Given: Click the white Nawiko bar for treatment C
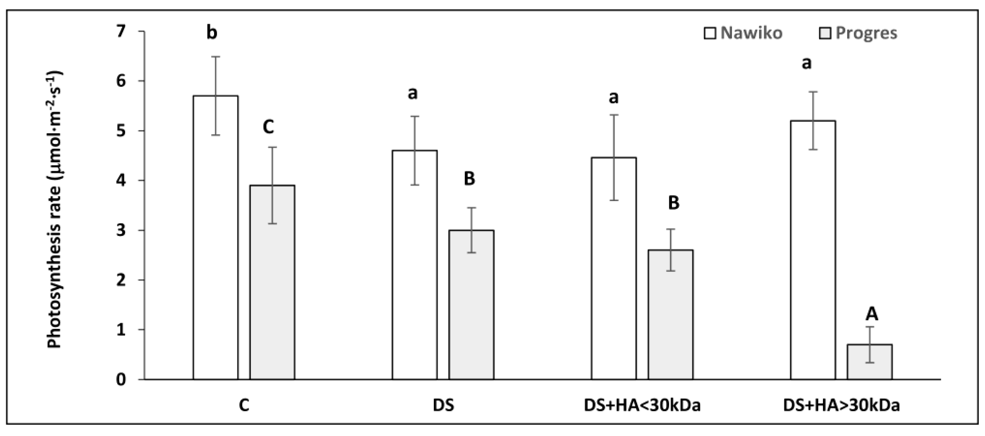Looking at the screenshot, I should pos(216,237).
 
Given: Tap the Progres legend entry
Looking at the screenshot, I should pos(858,33).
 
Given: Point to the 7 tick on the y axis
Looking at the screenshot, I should pos(121,31).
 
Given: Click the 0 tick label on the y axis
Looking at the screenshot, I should pos(121,380).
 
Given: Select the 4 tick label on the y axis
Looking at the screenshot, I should pos(121,180).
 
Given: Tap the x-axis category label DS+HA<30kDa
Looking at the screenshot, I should pos(642,405).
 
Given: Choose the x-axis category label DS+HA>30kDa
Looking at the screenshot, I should pos(841,405).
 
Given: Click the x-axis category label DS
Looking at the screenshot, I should pos(443,405).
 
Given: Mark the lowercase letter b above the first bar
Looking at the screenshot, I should pos(212,32).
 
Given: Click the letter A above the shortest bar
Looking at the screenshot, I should pos(872,314).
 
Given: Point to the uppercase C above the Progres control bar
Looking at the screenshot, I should pos(269,127).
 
